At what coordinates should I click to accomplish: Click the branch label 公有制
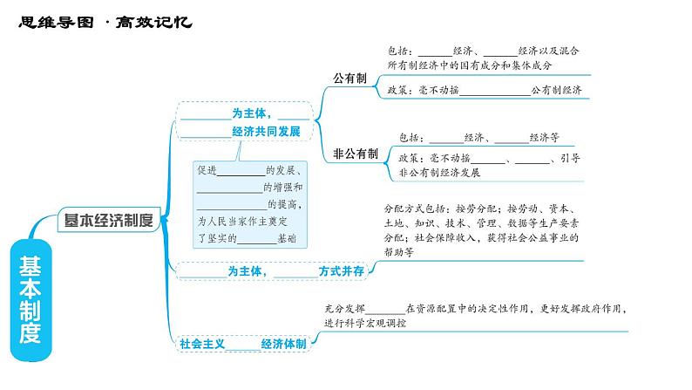pos(349,78)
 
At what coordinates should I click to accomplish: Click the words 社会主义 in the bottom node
pos(203,344)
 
